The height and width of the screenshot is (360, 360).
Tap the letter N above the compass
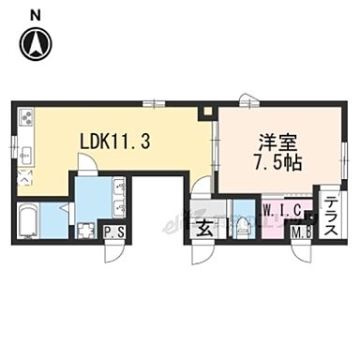35,12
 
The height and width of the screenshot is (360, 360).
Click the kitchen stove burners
25,118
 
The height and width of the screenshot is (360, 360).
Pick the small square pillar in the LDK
210,113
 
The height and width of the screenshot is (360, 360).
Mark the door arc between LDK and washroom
85,165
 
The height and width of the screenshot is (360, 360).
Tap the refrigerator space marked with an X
25,177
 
